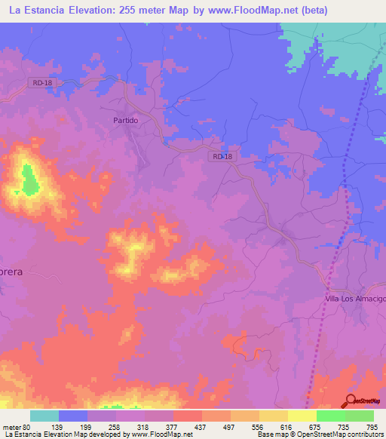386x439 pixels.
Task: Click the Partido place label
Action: coord(126,120)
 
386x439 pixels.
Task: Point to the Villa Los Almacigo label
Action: coord(354,299)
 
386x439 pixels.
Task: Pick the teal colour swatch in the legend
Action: coord(44,416)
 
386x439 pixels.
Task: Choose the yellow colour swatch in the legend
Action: coord(302,416)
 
